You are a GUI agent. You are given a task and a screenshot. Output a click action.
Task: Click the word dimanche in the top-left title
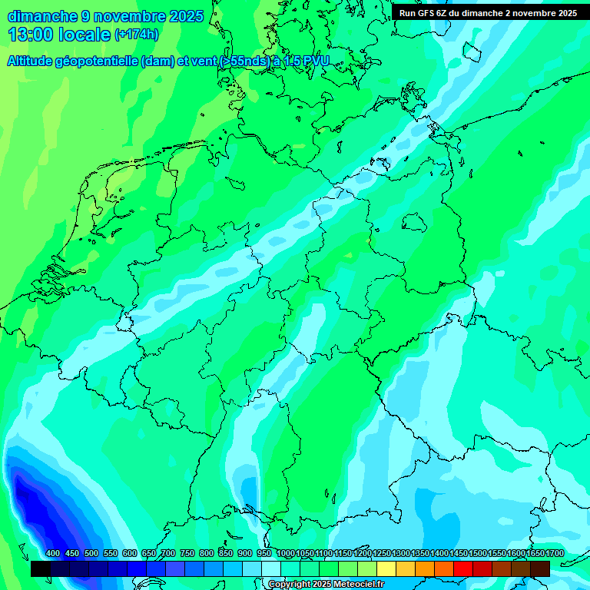(42, 16)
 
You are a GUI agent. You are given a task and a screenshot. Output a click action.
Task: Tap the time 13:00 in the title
(30, 34)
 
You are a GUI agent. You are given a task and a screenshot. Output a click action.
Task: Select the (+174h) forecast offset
(136, 35)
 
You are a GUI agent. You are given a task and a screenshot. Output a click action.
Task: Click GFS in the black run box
(426, 13)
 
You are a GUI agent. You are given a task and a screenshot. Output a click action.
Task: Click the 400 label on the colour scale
(53, 554)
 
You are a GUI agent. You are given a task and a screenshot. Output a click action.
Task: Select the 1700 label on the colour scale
(534, 554)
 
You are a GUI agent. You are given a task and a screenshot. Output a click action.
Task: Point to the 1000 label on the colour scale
(285, 554)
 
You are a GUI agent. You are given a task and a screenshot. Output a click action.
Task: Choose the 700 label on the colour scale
(168, 554)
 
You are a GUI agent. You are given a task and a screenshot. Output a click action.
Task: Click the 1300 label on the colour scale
(400, 554)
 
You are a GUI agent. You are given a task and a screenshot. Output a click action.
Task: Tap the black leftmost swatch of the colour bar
(41, 569)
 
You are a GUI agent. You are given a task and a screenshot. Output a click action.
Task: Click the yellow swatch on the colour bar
(386, 569)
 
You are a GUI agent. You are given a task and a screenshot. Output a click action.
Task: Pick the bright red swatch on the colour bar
(463, 569)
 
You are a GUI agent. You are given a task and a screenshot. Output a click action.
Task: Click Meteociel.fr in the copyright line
(354, 585)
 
